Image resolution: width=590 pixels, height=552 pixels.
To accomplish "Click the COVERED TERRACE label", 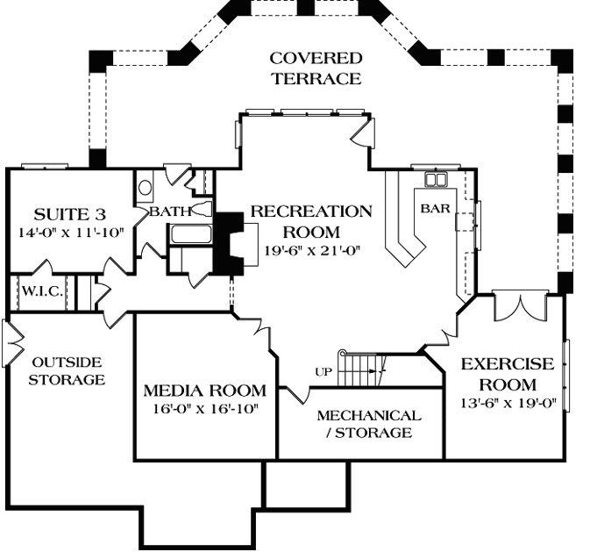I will [x=315, y=68].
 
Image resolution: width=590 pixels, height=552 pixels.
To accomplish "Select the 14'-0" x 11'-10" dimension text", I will [x=67, y=233].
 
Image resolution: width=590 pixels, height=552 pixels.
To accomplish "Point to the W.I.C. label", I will [x=40, y=291].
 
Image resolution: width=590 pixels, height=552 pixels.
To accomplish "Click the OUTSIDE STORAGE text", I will [x=67, y=370].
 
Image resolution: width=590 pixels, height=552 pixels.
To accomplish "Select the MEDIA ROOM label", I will [x=204, y=390].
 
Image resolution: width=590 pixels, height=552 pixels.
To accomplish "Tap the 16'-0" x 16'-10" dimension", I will [x=204, y=408].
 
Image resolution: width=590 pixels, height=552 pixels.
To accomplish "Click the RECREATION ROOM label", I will [x=311, y=221].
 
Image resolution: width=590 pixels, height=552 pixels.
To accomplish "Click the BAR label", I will [x=435, y=209].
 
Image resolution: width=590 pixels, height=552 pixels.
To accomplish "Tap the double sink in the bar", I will [x=436, y=180].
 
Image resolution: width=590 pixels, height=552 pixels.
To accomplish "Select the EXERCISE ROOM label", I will [x=508, y=374].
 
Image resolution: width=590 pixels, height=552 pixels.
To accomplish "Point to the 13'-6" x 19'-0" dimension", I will [x=508, y=405].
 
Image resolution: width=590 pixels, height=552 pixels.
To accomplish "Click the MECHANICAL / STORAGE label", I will [x=368, y=423].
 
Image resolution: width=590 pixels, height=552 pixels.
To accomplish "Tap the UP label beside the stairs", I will [x=322, y=371].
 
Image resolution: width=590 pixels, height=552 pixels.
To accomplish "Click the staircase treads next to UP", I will [x=357, y=369].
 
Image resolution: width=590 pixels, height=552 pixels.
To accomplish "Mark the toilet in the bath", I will [x=146, y=187].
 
